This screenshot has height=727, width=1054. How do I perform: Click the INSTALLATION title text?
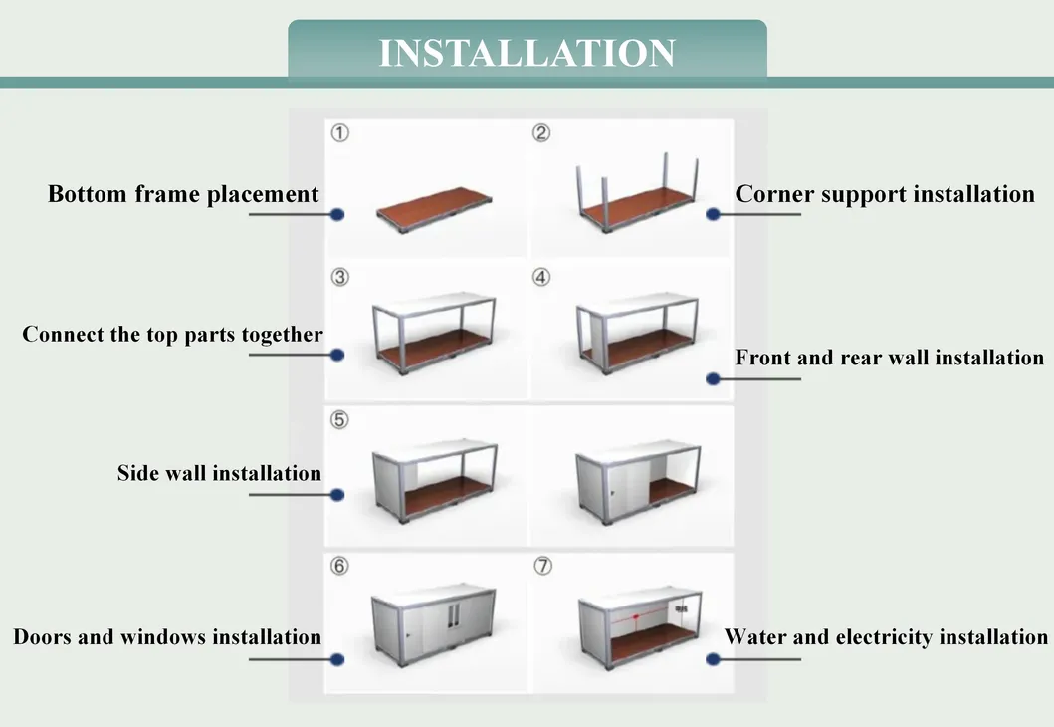[x=527, y=53]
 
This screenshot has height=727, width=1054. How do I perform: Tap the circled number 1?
[x=340, y=133]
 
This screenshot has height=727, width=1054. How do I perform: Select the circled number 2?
[x=541, y=133]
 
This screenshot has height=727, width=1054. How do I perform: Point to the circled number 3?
[x=340, y=277]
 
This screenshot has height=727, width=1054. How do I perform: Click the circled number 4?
[x=541, y=277]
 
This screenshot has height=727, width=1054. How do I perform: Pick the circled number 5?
[x=339, y=420]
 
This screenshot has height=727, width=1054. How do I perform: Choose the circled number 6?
[x=339, y=566]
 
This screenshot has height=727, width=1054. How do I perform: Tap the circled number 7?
[x=543, y=566]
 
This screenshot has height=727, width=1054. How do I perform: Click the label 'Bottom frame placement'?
[x=183, y=194]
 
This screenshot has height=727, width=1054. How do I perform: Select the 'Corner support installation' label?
[x=885, y=194]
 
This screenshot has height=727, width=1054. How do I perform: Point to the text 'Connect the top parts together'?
[x=173, y=335]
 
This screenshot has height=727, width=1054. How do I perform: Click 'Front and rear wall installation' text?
[x=890, y=358]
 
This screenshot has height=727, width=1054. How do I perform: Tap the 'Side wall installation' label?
[x=219, y=473]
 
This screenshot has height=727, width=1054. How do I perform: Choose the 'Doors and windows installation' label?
[x=167, y=637]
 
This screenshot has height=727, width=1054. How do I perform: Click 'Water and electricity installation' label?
[x=886, y=637]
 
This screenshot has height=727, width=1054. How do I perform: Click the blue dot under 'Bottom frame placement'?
[x=337, y=214]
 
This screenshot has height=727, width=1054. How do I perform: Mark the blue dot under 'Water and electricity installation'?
[x=714, y=659]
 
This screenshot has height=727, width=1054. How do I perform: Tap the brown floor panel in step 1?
[x=434, y=207]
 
